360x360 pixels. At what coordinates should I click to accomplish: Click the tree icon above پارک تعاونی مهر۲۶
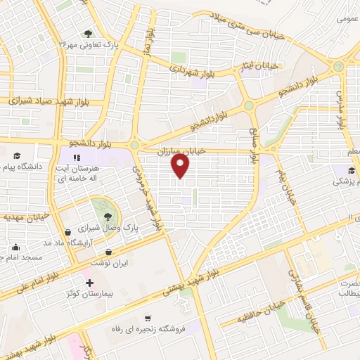[x=88, y=32]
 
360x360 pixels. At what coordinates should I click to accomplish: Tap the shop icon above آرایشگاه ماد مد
[x=67, y=232]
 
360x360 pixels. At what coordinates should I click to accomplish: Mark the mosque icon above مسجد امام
[x=15, y=247]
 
